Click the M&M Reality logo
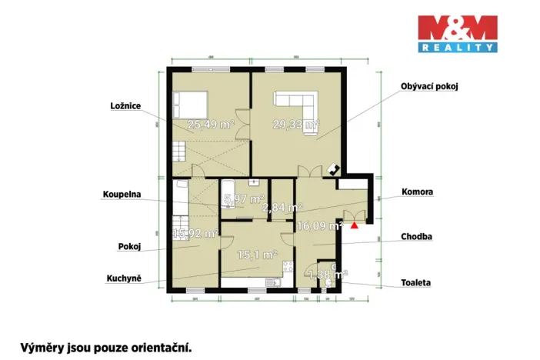tap(457, 34)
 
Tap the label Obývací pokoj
tap(429, 86)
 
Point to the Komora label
tap(417, 191)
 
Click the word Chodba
tap(415, 237)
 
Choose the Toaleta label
tap(415, 282)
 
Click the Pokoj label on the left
tap(128, 248)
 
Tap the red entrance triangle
tap(354, 226)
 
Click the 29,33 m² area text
tap(295, 123)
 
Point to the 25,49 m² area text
tap(211, 124)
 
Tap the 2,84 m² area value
tap(282, 207)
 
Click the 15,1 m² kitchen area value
tap(257, 255)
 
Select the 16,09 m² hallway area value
tap(319, 226)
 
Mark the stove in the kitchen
tap(289, 268)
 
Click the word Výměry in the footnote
tap(43, 347)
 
